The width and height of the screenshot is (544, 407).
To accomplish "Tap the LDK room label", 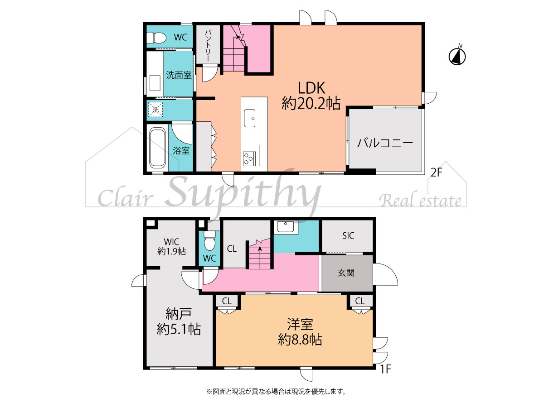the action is [x=311, y=96].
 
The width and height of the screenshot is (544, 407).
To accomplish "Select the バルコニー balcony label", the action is [x=385, y=143].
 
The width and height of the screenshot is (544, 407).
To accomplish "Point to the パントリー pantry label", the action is [x=208, y=46].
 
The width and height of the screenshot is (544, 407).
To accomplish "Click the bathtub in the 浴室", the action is [x=157, y=148].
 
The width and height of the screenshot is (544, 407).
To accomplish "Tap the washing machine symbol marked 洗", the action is [x=155, y=109].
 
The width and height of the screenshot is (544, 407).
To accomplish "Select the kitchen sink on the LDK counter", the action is [x=250, y=118].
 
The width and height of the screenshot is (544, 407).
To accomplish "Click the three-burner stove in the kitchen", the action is [x=249, y=158].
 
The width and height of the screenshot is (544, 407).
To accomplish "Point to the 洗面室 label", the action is [x=179, y=75].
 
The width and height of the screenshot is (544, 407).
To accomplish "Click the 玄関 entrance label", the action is [x=346, y=273].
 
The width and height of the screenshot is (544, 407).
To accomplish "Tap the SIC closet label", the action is [x=348, y=235].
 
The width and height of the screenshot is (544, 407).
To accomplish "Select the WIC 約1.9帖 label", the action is [x=171, y=246].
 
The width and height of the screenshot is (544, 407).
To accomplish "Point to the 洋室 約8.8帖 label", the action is [x=300, y=332].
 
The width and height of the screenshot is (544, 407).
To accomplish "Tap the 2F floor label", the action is [x=437, y=172].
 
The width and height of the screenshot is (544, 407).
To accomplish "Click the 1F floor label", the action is [x=386, y=369].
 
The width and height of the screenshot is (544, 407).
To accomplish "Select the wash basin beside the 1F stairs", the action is [x=286, y=227].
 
